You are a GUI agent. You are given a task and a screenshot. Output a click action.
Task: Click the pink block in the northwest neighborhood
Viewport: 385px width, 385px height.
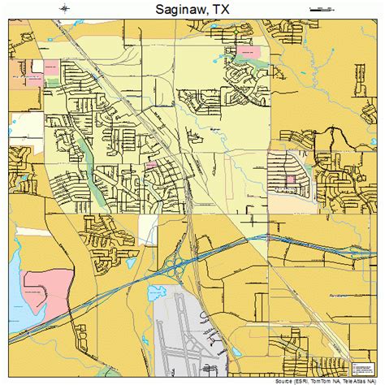coord(50,65)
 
